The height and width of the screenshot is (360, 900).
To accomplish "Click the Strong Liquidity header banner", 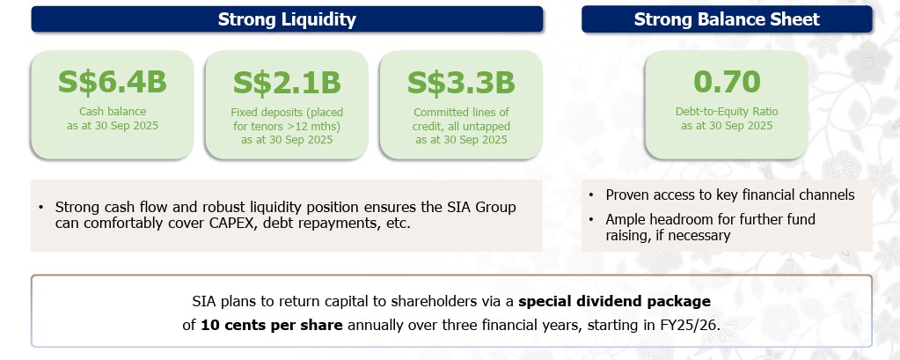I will coord(287,19).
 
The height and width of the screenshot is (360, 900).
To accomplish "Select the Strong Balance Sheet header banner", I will coord(727,19).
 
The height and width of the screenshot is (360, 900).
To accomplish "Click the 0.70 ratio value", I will coord(727,82).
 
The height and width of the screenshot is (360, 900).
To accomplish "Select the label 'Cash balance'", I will coord(112,112).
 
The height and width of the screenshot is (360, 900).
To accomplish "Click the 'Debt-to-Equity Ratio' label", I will coord(727,112).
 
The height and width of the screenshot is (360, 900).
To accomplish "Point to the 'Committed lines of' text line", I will coord(461,112).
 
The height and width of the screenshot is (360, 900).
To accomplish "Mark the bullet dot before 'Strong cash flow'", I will coord(40,208).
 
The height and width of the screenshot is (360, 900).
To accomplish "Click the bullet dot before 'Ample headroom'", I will coord(594,219).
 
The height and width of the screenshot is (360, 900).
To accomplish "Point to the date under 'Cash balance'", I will coord(112,126).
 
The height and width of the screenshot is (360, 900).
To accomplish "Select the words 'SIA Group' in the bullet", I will coord(482,207).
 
